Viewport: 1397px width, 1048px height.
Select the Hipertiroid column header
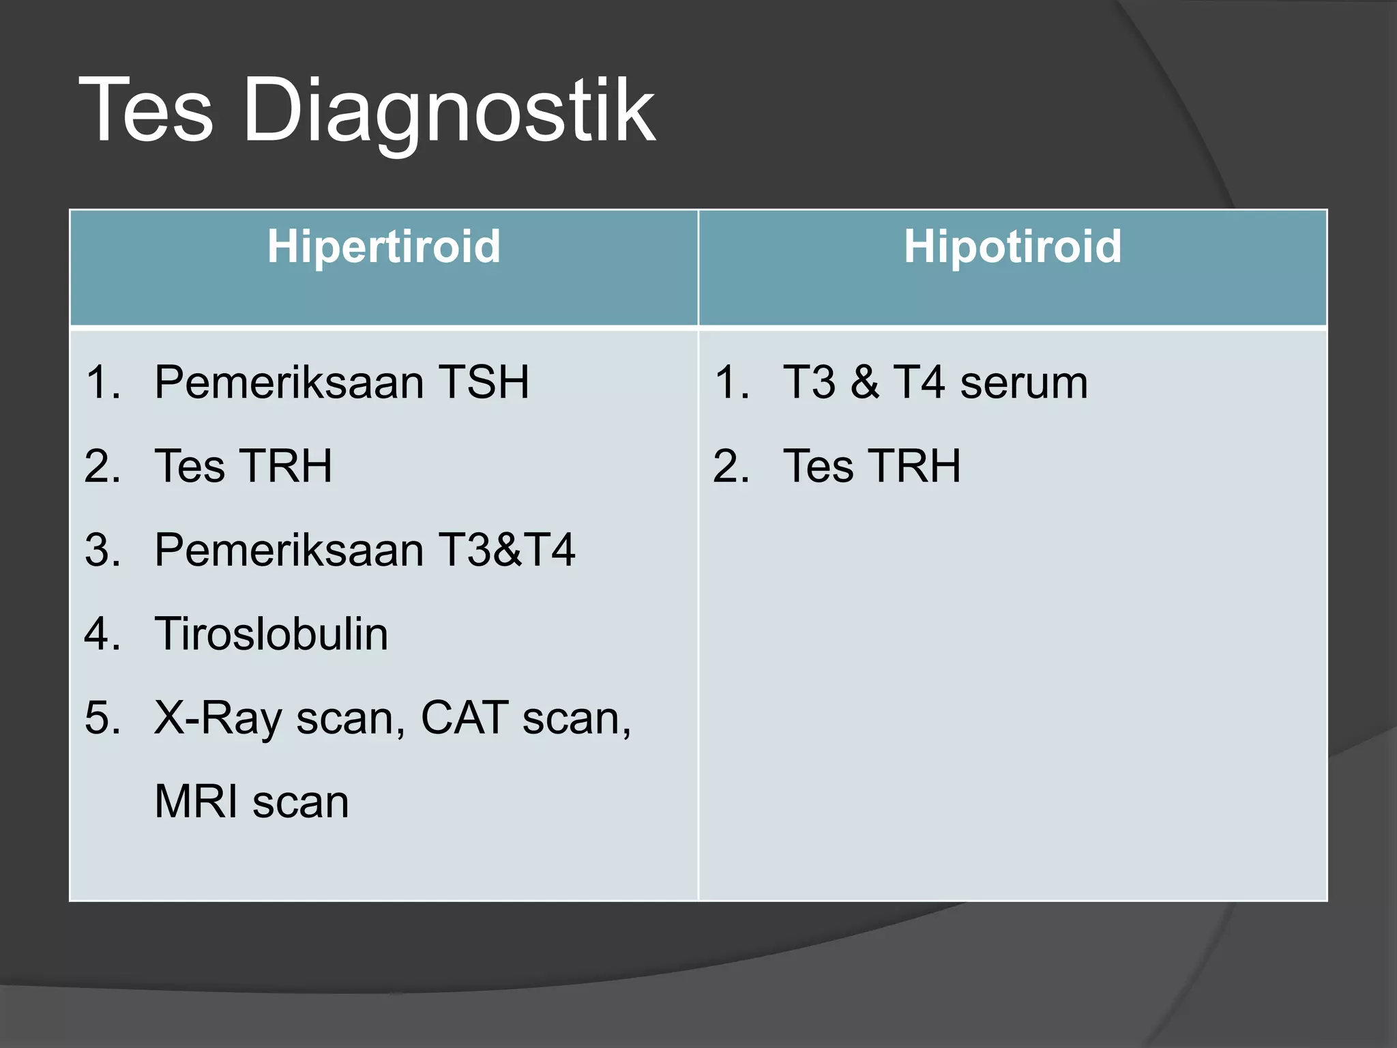point(383,246)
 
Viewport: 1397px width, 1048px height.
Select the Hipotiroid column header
point(1012,246)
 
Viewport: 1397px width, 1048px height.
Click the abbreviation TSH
point(483,383)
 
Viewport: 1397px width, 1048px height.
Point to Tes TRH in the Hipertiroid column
point(243,467)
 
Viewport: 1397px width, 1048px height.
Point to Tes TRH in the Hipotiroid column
point(871,467)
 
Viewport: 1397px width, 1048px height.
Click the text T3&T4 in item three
point(506,551)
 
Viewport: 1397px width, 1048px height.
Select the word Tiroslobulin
point(271,635)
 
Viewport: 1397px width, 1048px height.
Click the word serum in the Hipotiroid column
point(1023,383)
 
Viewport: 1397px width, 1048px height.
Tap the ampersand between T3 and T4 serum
point(864,383)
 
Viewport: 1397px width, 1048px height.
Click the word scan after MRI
point(300,802)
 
